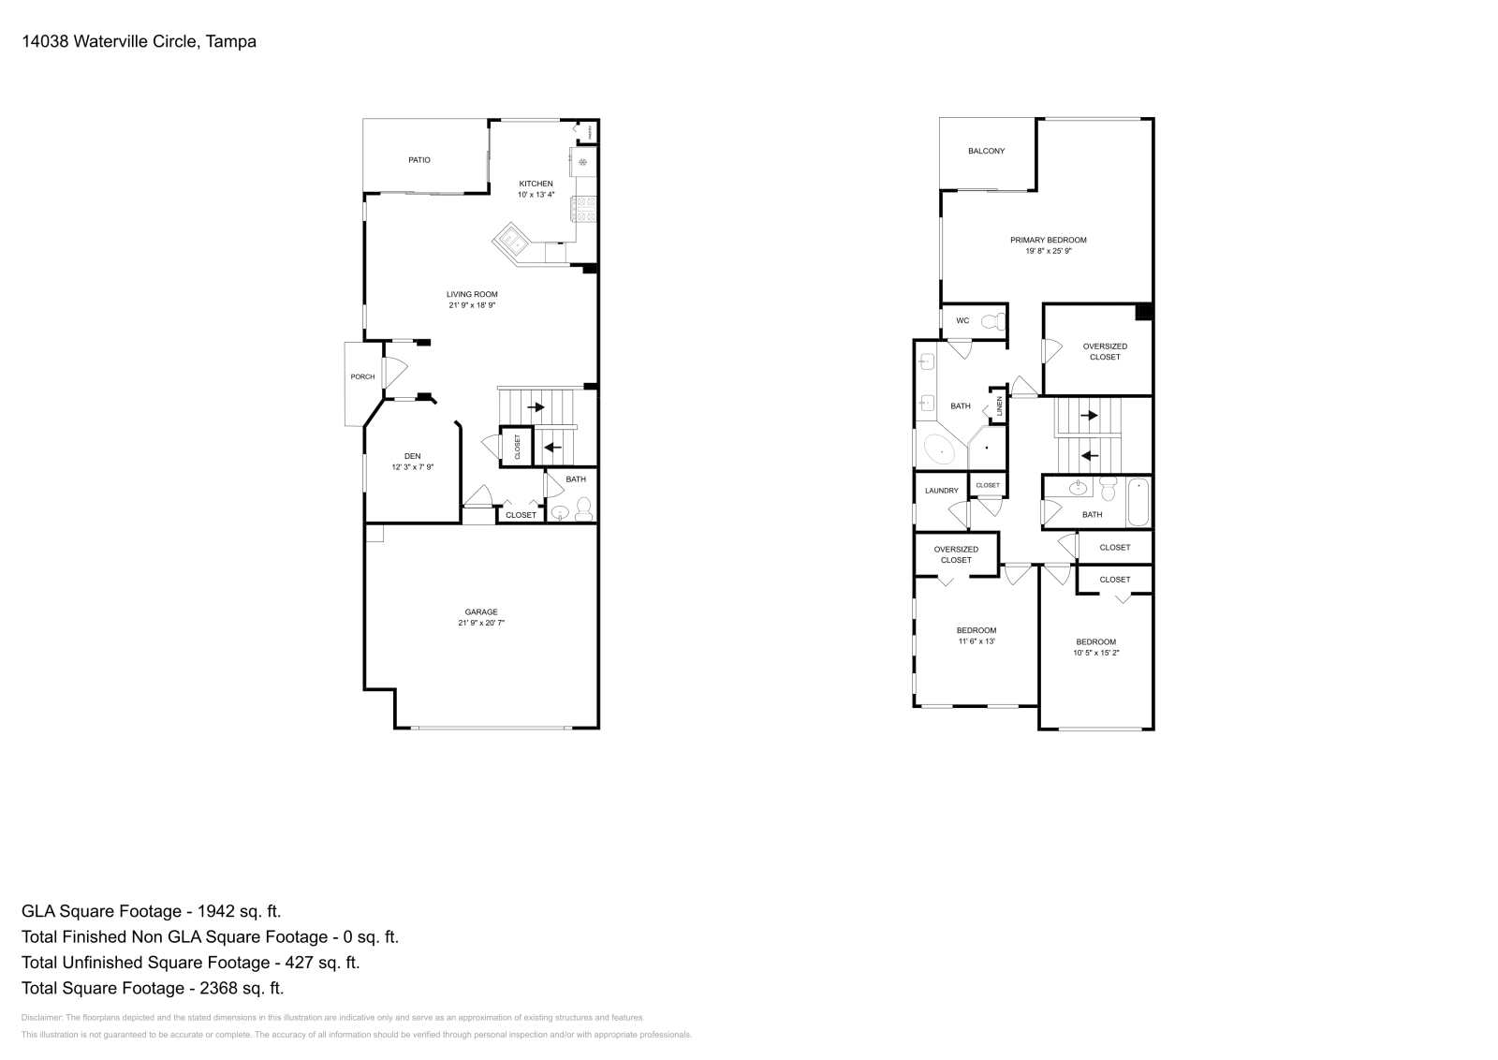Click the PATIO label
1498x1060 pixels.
pyautogui.click(x=419, y=160)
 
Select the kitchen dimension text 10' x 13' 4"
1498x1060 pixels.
pyautogui.click(x=536, y=195)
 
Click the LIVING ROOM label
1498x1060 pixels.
pyautogui.click(x=472, y=294)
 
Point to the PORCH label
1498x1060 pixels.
pyautogui.click(x=362, y=376)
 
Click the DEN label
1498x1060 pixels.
pyautogui.click(x=412, y=456)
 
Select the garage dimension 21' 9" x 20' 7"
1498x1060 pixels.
pyautogui.click(x=481, y=623)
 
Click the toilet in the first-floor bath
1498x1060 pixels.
pyautogui.click(x=583, y=509)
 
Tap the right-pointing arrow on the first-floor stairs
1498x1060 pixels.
pyautogui.click(x=537, y=407)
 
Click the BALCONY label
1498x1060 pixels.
pyautogui.click(x=986, y=151)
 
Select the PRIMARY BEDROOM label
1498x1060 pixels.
pyautogui.click(x=1048, y=240)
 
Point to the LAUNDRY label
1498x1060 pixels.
pyautogui.click(x=941, y=491)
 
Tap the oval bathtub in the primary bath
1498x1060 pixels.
pyautogui.click(x=939, y=451)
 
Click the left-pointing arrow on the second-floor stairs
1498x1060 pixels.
pyautogui.click(x=1090, y=456)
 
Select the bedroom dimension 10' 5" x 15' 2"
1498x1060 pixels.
pyautogui.click(x=1095, y=653)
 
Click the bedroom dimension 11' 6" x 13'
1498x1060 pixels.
pyautogui.click(x=976, y=641)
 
